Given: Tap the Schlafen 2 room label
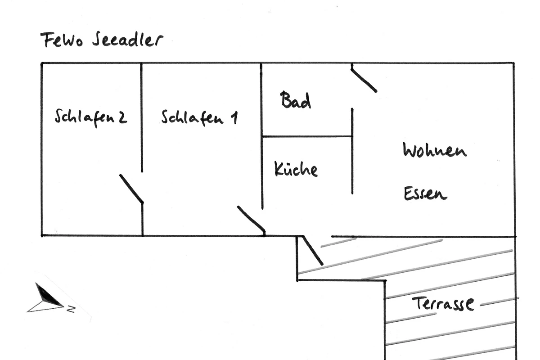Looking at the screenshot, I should click(x=90, y=117).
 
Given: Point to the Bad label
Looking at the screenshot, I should click(x=295, y=100).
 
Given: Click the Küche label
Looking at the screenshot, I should click(x=296, y=169).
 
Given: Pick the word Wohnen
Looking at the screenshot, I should click(x=434, y=150).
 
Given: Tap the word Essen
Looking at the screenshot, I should click(x=425, y=193).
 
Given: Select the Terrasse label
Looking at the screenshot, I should click(x=443, y=304).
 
